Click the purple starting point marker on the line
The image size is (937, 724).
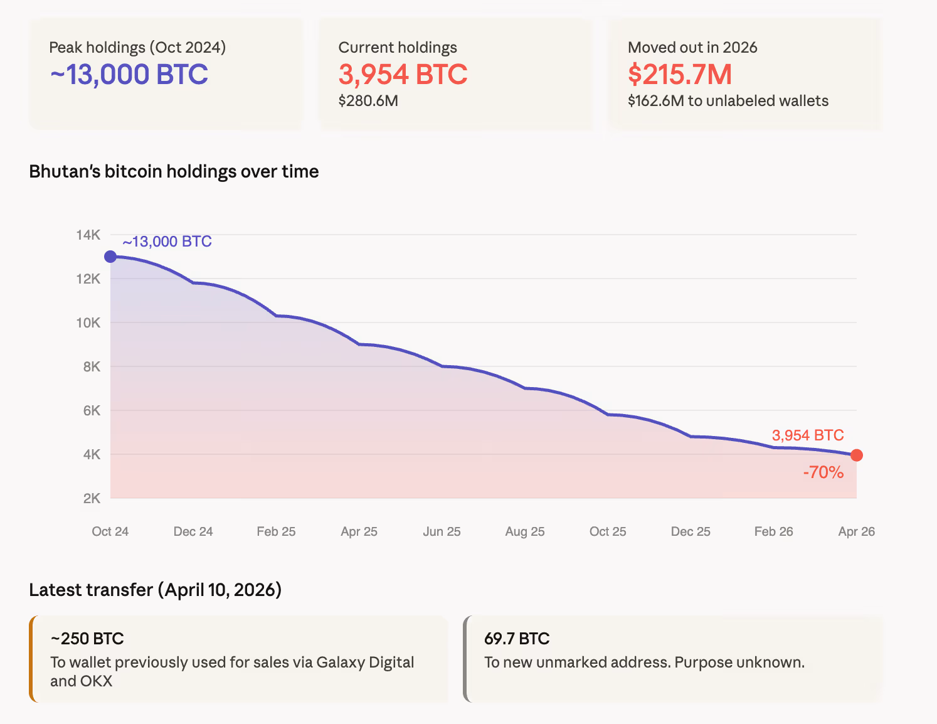click(x=110, y=256)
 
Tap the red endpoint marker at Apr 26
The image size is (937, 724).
click(x=857, y=455)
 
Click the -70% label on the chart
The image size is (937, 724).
click(x=823, y=472)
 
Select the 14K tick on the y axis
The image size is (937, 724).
click(x=88, y=235)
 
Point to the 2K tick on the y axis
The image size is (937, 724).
click(x=92, y=499)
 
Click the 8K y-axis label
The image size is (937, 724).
click(x=92, y=367)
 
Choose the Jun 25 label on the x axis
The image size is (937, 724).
click(x=442, y=531)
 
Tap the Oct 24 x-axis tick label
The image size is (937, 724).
click(x=110, y=531)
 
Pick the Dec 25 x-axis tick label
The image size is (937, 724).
click(x=691, y=531)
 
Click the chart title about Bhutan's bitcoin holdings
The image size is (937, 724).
click(x=174, y=171)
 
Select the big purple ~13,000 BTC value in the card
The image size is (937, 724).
click(x=129, y=75)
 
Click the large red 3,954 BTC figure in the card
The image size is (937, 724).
click(x=403, y=75)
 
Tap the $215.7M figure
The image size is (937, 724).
click(x=680, y=75)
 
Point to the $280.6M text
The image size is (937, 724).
click(x=368, y=101)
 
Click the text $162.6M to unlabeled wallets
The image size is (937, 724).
click(x=728, y=101)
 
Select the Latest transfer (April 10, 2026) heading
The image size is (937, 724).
click(x=155, y=590)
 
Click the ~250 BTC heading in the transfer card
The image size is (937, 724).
click(x=87, y=639)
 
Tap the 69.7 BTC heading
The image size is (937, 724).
click(x=517, y=639)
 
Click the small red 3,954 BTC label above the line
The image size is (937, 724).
click(x=808, y=435)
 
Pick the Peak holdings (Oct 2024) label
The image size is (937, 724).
click(x=137, y=48)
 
